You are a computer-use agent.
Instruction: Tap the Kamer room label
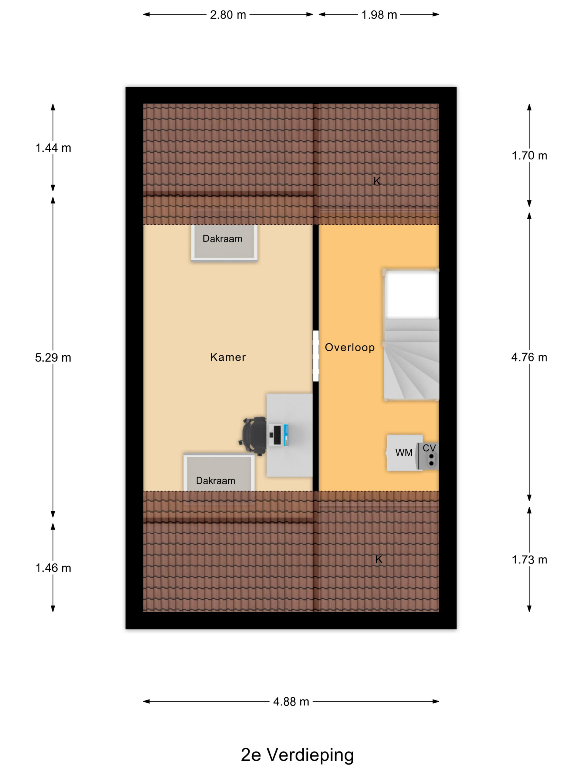228,357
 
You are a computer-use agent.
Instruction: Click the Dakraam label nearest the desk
215,480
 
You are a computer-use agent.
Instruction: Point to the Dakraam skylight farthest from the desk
224,243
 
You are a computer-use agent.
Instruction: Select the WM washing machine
404,453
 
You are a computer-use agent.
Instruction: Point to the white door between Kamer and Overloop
316,356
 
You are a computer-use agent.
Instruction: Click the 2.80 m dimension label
228,15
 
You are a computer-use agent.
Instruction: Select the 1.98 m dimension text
379,15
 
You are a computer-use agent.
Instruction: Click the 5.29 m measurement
53,357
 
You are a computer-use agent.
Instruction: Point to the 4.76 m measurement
529,357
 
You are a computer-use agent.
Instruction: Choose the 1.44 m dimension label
53,148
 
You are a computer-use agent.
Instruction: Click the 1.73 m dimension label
529,560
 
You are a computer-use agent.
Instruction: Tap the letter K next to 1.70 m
377,181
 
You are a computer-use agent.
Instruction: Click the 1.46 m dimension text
53,568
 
